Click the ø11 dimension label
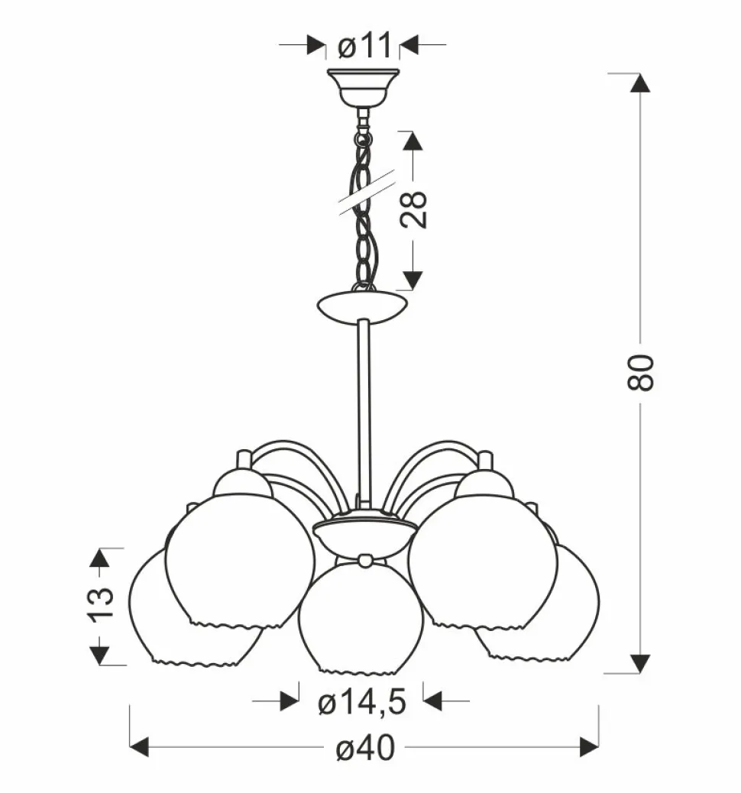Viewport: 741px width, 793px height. coord(364,45)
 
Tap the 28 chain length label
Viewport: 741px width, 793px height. coord(414,210)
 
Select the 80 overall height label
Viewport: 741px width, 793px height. coord(640,372)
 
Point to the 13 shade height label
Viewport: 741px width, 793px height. coord(101,604)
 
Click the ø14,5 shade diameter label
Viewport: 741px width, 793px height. coord(362,702)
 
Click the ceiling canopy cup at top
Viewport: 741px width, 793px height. coord(363,88)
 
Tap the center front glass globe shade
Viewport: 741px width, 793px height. coord(361,619)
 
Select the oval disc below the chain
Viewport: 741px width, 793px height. coord(362,306)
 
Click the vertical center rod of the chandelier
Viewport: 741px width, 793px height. coord(364,415)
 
